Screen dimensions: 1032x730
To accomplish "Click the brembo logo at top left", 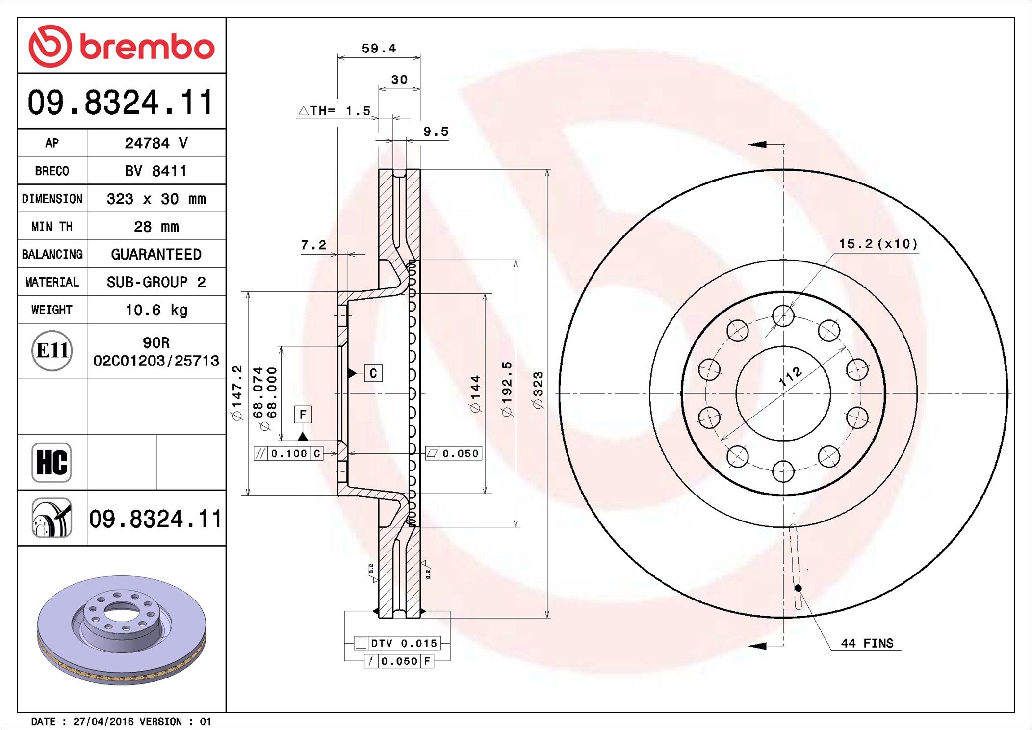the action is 121,46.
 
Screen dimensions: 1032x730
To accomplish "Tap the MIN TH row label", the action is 52,227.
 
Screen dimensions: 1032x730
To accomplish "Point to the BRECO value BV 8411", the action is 155,171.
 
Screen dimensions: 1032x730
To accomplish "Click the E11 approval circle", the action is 52,350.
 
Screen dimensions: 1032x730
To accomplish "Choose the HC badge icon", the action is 52,463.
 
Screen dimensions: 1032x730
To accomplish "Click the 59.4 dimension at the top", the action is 379,48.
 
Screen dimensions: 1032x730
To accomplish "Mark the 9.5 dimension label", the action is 436,131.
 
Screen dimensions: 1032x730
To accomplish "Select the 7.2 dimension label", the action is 313,244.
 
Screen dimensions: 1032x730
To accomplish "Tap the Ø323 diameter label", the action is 538,390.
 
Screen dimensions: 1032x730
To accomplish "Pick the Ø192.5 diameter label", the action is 507,389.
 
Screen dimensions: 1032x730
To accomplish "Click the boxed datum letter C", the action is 373,373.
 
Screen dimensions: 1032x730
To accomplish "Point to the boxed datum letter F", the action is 303,415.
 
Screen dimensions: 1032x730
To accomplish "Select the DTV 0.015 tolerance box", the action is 397,643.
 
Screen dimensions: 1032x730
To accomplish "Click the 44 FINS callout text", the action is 867,643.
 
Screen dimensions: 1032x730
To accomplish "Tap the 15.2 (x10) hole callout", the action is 878,244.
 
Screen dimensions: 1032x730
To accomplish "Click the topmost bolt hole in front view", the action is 783,315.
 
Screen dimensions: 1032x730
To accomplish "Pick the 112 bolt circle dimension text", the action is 790,377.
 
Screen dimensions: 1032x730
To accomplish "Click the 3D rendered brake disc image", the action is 122,630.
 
